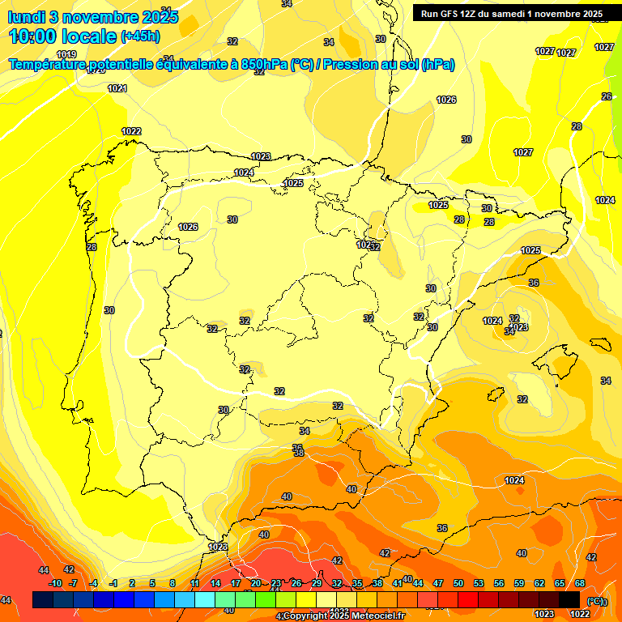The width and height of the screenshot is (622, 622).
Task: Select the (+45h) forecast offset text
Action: pyautogui.click(x=140, y=36)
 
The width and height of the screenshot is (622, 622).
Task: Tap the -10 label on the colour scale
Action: pyautogui.click(x=55, y=583)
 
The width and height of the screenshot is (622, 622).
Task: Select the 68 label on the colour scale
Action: pyautogui.click(x=580, y=583)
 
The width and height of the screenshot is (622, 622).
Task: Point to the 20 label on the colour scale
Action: pyautogui.click(x=255, y=583)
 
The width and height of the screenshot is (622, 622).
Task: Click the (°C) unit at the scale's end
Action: pyautogui.click(x=595, y=600)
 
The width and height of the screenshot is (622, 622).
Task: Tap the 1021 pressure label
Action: pyautogui.click(x=117, y=88)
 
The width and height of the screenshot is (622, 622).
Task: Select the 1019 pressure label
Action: pyautogui.click(x=66, y=54)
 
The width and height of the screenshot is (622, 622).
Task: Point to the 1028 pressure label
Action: pyautogui.click(x=218, y=547)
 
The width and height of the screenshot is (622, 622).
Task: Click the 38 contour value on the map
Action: pyautogui.click(x=298, y=454)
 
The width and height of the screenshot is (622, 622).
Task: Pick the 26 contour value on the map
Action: pyautogui.click(x=607, y=96)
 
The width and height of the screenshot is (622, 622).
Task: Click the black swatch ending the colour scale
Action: pyautogui.click(x=569, y=599)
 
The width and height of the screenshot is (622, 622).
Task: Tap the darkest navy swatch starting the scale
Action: pyautogui.click(x=43, y=599)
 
